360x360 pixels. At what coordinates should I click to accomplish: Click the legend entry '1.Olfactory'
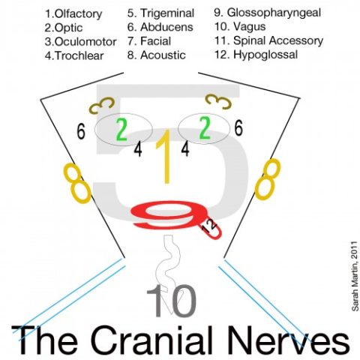coord(73,14)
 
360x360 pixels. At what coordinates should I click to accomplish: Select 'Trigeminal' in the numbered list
coord(167,13)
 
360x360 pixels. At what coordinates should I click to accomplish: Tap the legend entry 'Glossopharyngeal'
coord(274,13)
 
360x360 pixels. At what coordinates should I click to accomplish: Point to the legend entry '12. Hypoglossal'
coord(256,55)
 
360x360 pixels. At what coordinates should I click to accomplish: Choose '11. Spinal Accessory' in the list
coord(269,40)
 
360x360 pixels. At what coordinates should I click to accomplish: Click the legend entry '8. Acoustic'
coord(157,55)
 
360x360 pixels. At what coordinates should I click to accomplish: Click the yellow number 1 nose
coord(164,157)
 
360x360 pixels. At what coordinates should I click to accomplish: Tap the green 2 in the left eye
coord(121,130)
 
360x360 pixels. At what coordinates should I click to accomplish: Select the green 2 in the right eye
coord(205,129)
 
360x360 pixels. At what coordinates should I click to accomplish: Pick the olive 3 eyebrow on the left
coord(102,105)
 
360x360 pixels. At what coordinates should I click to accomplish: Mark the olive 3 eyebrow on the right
coord(218,101)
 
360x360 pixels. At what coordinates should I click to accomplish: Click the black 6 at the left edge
coord(81,132)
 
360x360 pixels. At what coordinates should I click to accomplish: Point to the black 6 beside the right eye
coord(238,128)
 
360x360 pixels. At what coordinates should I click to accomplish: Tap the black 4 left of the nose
coord(138,150)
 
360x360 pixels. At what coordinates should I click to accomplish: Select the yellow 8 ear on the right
coord(267,179)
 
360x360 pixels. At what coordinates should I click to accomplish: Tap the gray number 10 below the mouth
coord(172,301)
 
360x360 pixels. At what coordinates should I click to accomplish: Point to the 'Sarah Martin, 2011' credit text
coord(355,276)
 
